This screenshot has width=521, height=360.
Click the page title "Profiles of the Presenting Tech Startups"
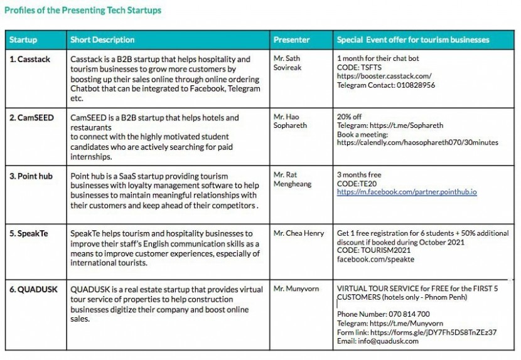(83, 10)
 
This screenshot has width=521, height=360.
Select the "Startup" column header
(23, 40)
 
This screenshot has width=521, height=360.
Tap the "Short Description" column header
(102, 40)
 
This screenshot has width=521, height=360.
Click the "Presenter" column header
(291, 40)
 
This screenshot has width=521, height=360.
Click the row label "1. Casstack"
(30, 59)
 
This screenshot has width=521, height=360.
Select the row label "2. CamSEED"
(31, 117)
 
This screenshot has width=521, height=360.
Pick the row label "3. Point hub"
(31, 176)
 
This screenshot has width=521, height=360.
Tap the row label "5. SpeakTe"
(28, 233)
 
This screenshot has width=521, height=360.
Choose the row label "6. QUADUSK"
(33, 289)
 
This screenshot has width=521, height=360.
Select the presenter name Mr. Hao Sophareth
(290, 121)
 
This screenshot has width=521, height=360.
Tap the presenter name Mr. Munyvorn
(296, 289)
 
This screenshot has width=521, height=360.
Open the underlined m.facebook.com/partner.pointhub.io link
(407, 192)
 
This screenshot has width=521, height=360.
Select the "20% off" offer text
(350, 117)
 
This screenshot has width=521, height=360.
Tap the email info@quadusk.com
(368, 341)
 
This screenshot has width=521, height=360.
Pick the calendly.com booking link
(417, 142)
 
